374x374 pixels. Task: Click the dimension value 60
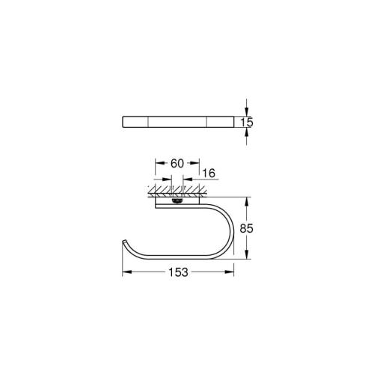tap(177, 162)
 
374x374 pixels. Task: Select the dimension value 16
tap(209, 173)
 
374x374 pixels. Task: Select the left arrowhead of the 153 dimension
tap(124, 274)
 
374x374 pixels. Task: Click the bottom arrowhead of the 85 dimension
tap(248, 255)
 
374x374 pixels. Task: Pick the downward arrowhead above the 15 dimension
tap(248, 111)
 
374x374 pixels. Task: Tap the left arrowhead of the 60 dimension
tap(157, 162)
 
